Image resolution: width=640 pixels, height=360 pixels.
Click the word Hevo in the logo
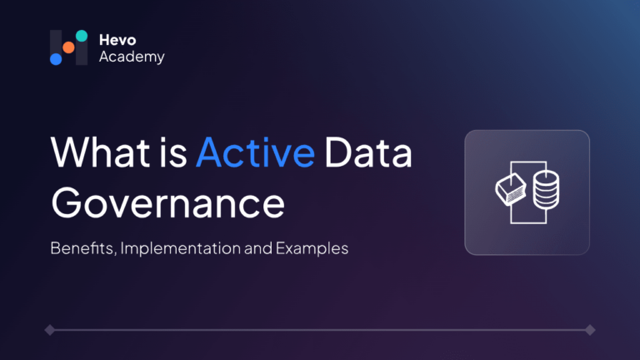(117, 40)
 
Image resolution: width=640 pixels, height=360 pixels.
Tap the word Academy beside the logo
(132, 57)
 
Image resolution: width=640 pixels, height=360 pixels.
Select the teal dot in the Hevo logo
(82, 36)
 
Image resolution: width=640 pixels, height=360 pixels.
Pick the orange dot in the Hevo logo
(68, 47)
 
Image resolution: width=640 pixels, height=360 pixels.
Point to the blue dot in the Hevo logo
(56, 59)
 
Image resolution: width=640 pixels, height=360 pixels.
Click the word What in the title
(100, 152)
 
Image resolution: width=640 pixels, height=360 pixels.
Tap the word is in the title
(173, 152)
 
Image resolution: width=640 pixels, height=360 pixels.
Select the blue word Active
(256, 152)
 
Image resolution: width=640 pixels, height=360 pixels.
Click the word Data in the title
(368, 152)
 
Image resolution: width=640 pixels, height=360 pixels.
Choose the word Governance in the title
(167, 202)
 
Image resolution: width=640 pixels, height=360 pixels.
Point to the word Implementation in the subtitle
(180, 248)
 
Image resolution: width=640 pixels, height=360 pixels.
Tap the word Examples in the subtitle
(312, 248)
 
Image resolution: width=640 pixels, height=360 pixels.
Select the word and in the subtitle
(258, 248)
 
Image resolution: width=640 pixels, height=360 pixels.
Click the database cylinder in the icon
(546, 190)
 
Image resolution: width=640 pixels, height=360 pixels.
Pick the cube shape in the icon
(511, 189)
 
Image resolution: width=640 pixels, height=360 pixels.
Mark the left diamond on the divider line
(50, 330)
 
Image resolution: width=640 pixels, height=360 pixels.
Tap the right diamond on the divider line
(590, 330)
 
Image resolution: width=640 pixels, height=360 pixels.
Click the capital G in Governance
(67, 202)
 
